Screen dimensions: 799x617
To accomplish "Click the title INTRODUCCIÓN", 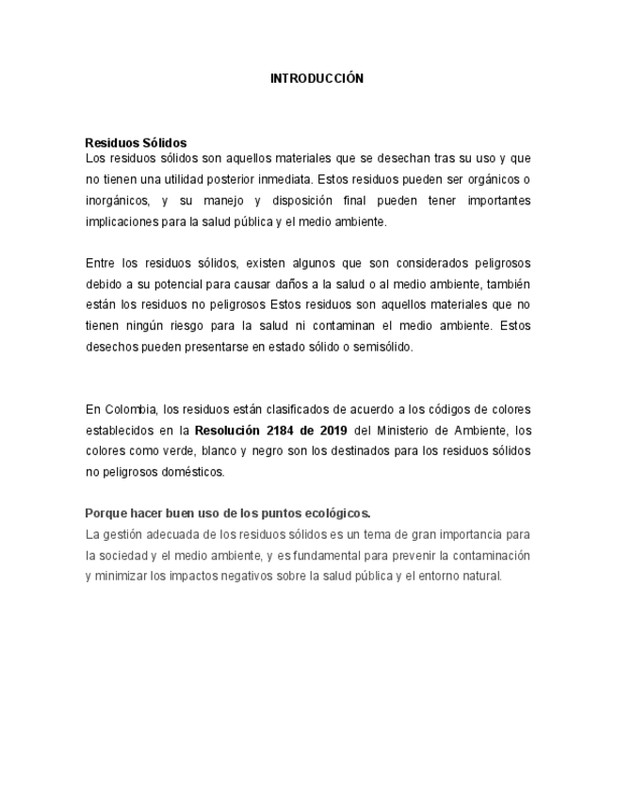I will [x=317, y=79].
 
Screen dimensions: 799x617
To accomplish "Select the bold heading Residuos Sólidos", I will [x=136, y=143].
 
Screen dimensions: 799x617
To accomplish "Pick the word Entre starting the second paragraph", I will [x=100, y=263].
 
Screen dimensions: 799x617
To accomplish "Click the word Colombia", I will [x=131, y=409].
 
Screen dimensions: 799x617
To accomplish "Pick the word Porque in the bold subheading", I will [x=106, y=514].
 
